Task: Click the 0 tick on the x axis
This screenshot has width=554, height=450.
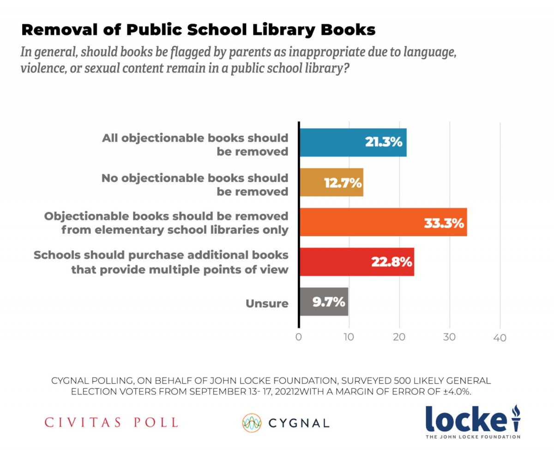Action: coord(299,337)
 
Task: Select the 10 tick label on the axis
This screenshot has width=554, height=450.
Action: coord(349,337)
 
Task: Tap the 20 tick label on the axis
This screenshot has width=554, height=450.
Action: coord(399,337)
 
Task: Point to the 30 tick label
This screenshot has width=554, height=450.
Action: coord(450,337)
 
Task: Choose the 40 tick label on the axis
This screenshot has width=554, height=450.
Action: coord(500,337)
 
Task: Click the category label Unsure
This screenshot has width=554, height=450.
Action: coord(267,304)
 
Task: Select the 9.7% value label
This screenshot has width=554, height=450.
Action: coord(329,302)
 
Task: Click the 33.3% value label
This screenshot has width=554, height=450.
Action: coord(443,223)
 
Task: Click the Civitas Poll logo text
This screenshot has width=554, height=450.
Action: coord(111,422)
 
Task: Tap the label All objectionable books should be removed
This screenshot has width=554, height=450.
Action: coord(195,145)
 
